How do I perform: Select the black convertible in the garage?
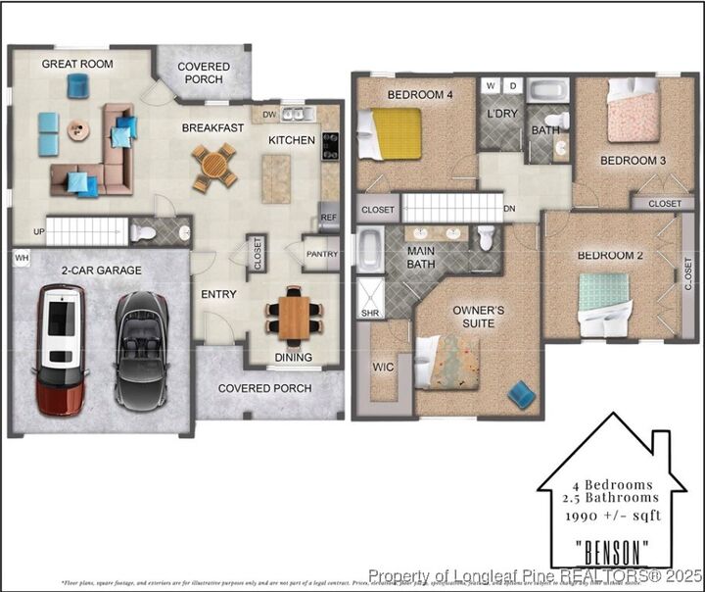click(141, 350)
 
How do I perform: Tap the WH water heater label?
click(22, 259)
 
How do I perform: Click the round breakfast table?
click(213, 166)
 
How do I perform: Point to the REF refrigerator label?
click(328, 218)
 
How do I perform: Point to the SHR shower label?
click(370, 314)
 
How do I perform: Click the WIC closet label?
click(382, 368)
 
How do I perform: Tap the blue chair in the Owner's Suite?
click(522, 394)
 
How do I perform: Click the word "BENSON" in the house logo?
click(611, 546)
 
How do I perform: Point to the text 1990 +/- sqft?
click(611, 516)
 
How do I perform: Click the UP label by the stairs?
click(38, 233)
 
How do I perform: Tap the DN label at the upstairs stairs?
click(509, 209)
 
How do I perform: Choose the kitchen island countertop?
click(276, 179)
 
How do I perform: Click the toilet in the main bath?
click(487, 238)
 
